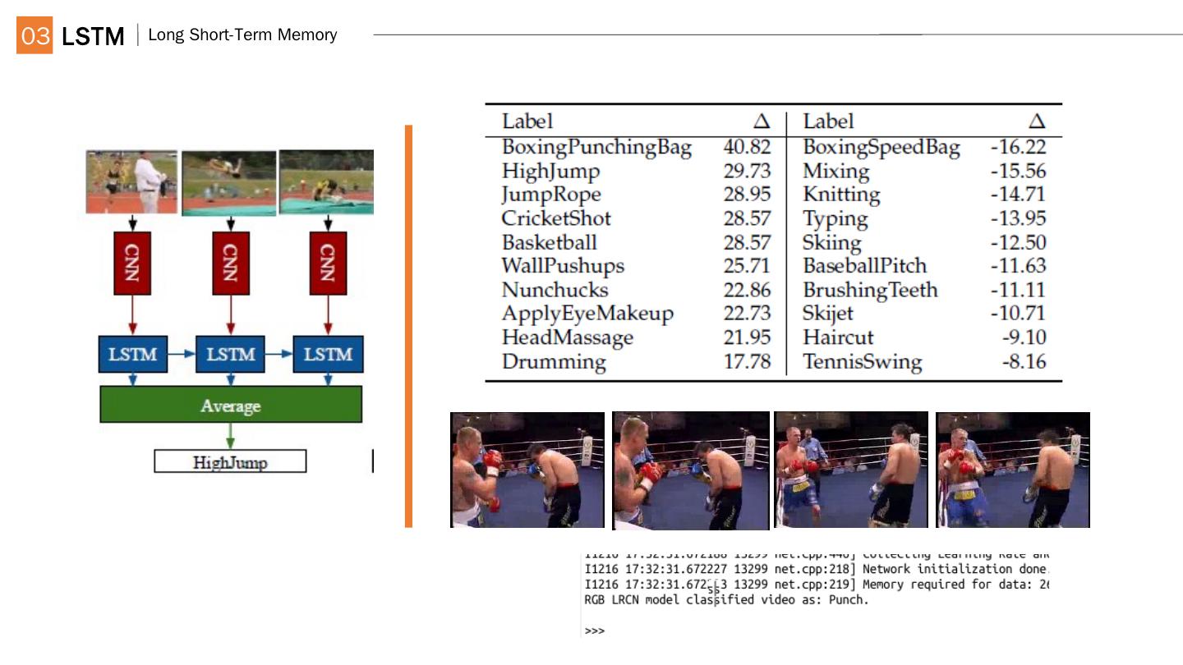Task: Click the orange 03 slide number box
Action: (35, 35)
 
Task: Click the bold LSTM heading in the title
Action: (93, 36)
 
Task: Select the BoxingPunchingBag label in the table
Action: (596, 148)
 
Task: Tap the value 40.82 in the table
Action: (747, 148)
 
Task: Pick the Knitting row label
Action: (841, 195)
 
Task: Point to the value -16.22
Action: (1018, 148)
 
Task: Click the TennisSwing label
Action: (862, 362)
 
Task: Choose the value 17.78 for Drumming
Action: (747, 362)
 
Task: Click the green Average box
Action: (231, 405)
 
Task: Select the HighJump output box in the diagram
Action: (230, 462)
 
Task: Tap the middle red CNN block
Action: (231, 263)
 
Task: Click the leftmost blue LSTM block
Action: (133, 354)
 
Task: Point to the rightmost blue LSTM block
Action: (328, 354)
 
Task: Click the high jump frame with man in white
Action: (131, 181)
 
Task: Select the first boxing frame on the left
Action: (527, 470)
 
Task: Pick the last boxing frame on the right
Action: (1013, 470)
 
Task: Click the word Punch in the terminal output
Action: (851, 600)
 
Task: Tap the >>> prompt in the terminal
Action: (594, 631)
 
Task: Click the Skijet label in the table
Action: (828, 314)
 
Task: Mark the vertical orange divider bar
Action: (408, 326)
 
